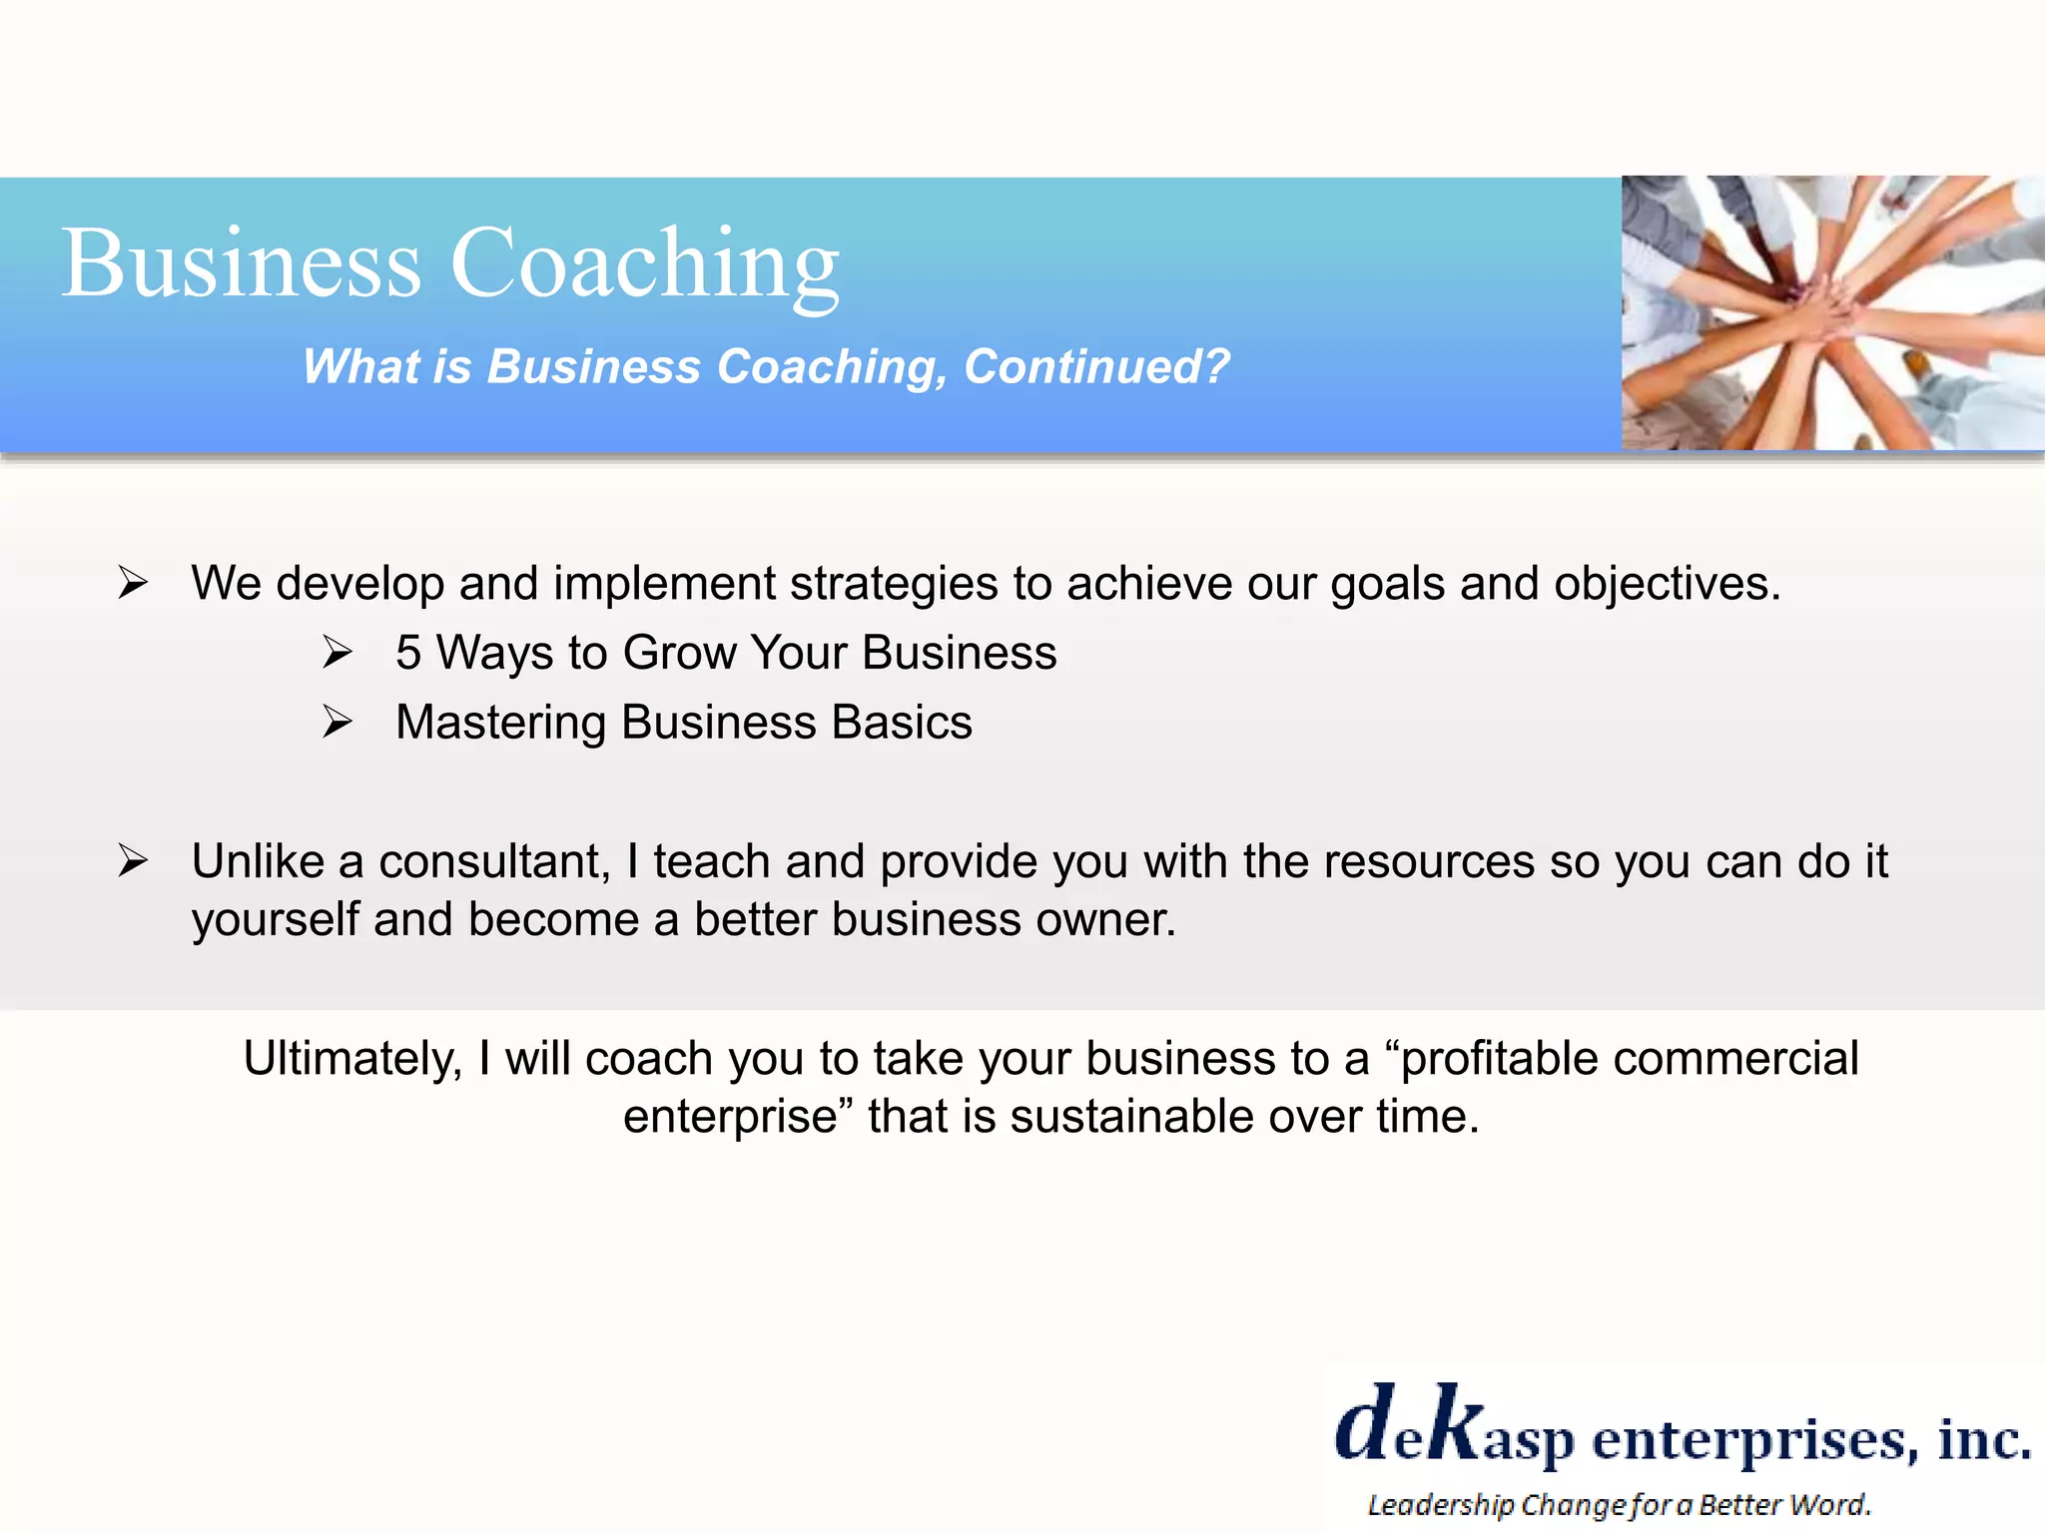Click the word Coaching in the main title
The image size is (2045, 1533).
point(644,264)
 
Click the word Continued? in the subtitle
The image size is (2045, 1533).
point(1095,367)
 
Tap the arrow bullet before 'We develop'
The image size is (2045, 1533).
point(133,582)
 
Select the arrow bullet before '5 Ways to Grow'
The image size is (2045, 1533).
point(338,653)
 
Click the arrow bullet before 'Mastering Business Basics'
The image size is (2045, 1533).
point(338,722)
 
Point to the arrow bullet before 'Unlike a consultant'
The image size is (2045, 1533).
point(133,860)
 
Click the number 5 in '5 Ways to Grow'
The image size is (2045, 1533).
point(407,654)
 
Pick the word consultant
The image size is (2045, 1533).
point(493,861)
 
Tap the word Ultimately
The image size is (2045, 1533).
point(352,1059)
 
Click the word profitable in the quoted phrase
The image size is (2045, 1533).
point(1495,1059)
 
